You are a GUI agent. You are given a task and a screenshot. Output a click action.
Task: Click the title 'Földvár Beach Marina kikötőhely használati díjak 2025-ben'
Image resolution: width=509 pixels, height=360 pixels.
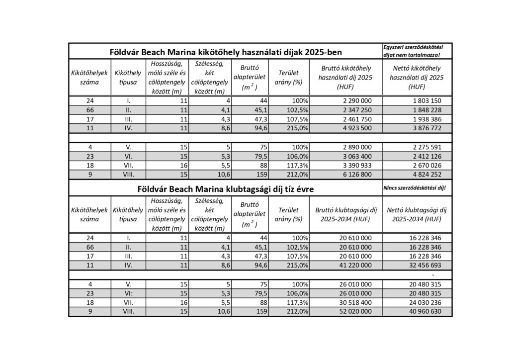[x=226, y=51]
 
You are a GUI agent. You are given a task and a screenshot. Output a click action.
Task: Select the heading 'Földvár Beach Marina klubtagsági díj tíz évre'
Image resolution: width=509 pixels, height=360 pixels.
[x=226, y=189]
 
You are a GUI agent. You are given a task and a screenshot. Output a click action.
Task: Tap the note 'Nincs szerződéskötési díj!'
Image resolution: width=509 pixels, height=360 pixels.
[x=415, y=188]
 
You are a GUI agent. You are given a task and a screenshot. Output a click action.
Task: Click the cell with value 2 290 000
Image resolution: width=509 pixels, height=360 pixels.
[x=353, y=100]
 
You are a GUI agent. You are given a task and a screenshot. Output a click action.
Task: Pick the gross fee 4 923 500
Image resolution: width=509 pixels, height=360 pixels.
[x=353, y=128]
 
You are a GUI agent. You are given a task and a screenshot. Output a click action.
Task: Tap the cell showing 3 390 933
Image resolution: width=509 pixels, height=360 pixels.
[x=353, y=165]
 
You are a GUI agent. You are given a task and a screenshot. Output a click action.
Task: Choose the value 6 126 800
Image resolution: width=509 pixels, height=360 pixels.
[x=353, y=175]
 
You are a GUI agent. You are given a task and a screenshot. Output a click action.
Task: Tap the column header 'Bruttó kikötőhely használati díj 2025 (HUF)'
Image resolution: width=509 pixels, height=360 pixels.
[x=345, y=77]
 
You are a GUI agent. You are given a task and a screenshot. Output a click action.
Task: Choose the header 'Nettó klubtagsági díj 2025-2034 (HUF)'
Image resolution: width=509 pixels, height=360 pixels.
[x=417, y=214]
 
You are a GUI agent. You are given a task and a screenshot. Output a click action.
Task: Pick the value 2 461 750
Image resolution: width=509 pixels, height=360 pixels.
[x=353, y=119]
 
